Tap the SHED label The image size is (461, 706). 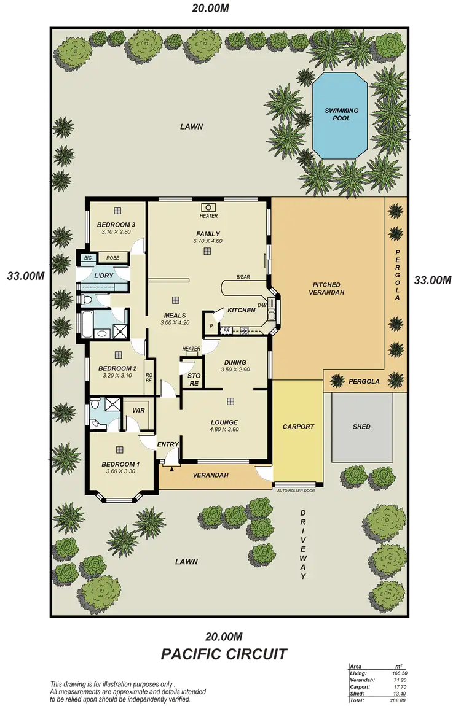(x=361, y=427)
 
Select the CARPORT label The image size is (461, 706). (x=298, y=427)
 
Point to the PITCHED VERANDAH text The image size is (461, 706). (x=326, y=289)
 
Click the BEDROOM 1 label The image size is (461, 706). (x=120, y=464)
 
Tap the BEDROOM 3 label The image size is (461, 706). (x=116, y=224)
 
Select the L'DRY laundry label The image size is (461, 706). (x=103, y=276)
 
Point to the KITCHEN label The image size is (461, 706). (x=241, y=311)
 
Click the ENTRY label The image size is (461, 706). (x=168, y=444)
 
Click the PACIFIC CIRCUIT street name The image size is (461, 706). (x=223, y=654)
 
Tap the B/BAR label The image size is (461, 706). (x=243, y=277)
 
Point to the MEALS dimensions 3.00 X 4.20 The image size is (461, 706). (x=175, y=322)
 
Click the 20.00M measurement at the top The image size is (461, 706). (x=211, y=9)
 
